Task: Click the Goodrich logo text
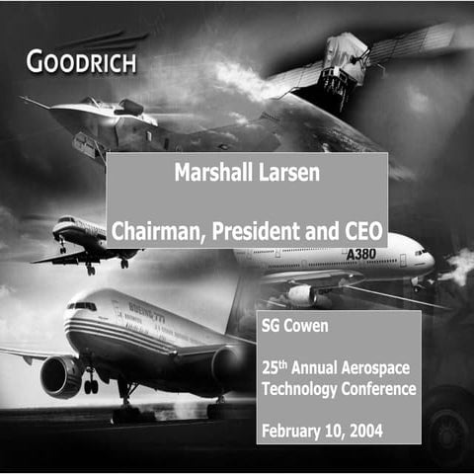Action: pyautogui.click(x=81, y=63)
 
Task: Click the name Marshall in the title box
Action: pyautogui.click(x=210, y=173)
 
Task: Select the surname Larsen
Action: pyautogui.click(x=289, y=173)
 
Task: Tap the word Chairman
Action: pyautogui.click(x=155, y=231)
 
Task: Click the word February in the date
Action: pyautogui.click(x=295, y=429)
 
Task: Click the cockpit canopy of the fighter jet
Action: pyautogui.click(x=129, y=107)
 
